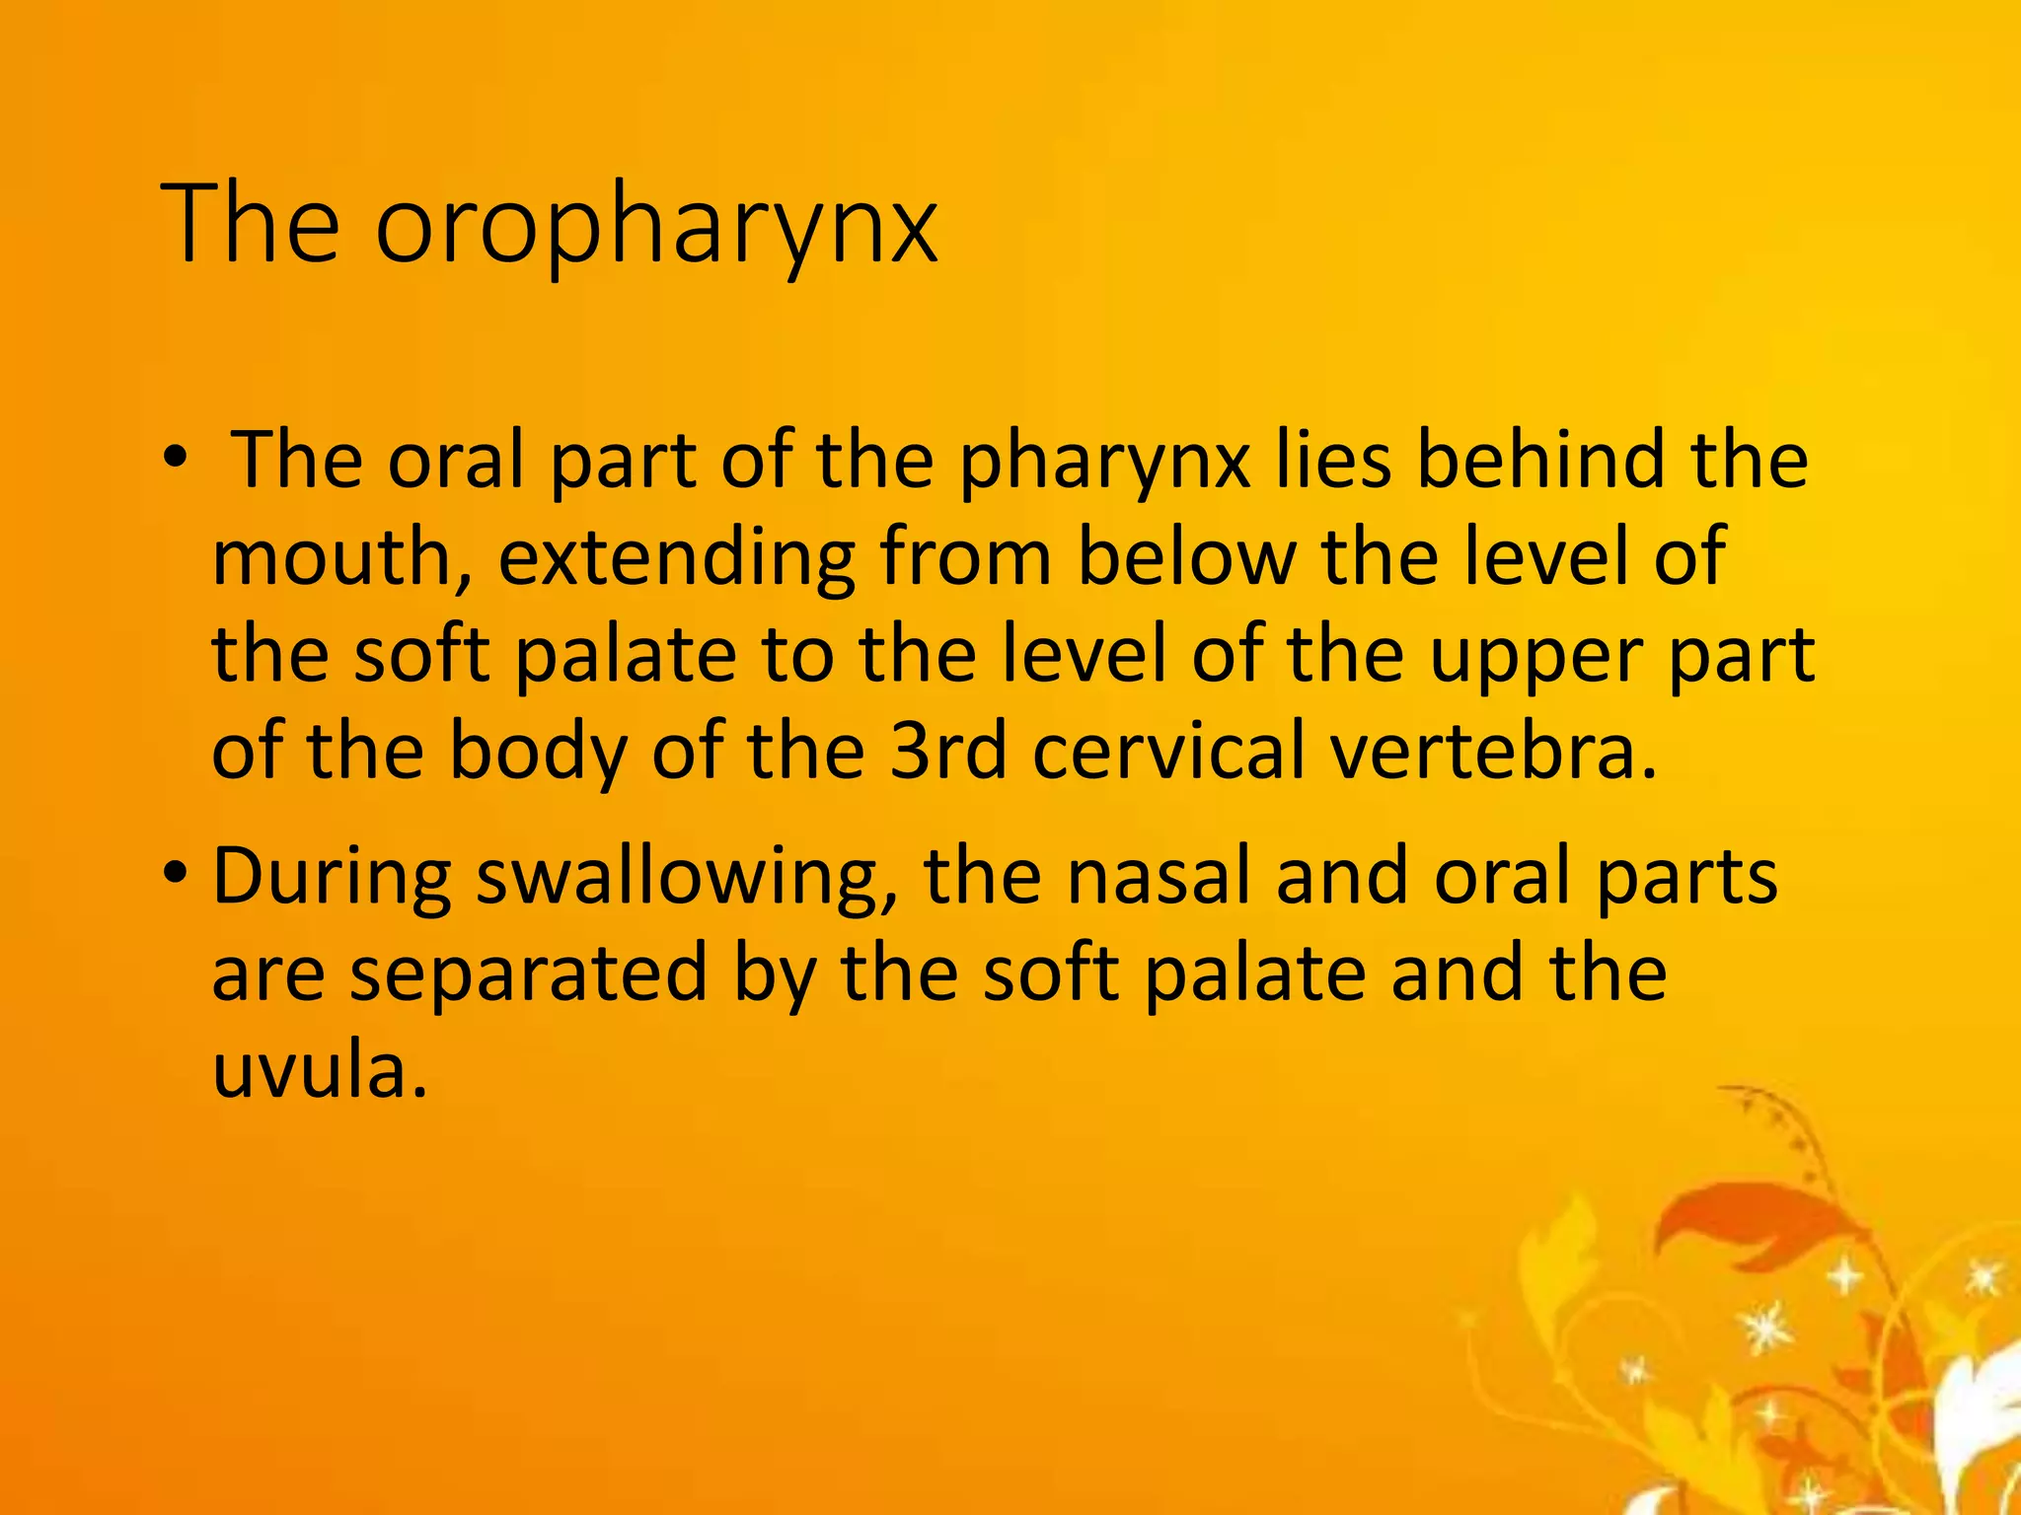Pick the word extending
(676, 558)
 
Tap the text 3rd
(948, 751)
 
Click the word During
(332, 876)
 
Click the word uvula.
(320, 1070)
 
